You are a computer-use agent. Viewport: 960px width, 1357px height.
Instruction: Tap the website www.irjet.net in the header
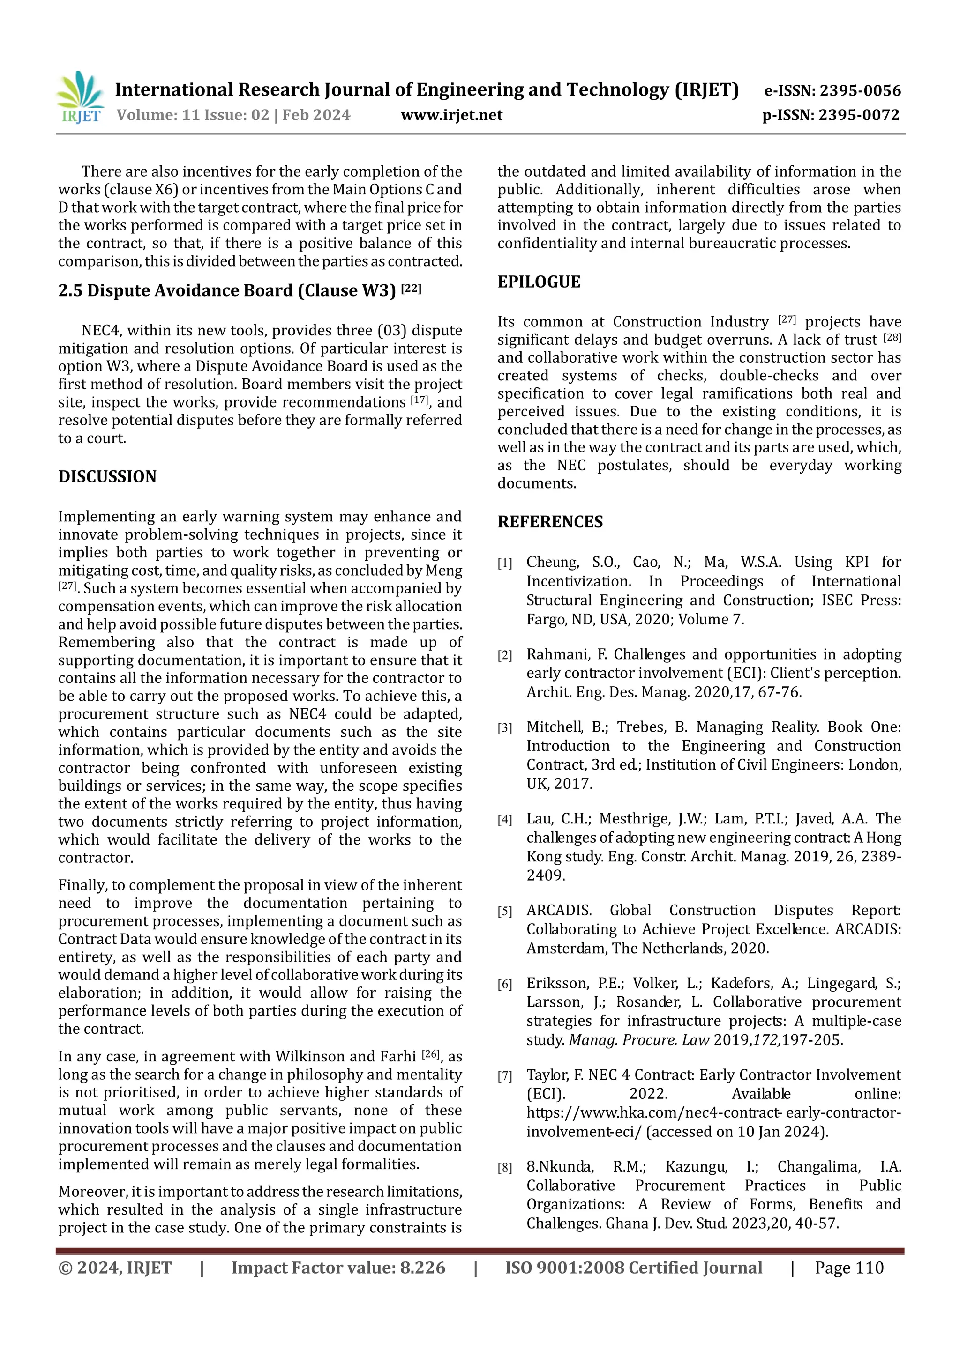coord(451,115)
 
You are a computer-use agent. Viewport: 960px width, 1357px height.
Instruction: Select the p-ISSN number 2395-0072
coord(859,115)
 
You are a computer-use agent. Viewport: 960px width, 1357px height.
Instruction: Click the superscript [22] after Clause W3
coord(411,289)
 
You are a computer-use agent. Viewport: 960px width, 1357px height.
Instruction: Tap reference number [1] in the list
coord(504,563)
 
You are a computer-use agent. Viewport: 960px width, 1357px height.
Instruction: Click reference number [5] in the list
coord(504,912)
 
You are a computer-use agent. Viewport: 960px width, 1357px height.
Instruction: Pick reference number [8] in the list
coord(504,1167)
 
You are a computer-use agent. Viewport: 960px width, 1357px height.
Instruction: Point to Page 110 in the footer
coord(849,1268)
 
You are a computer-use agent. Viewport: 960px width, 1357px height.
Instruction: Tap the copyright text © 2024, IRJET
coord(115,1268)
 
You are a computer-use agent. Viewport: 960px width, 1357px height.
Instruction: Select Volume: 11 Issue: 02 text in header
coord(193,115)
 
